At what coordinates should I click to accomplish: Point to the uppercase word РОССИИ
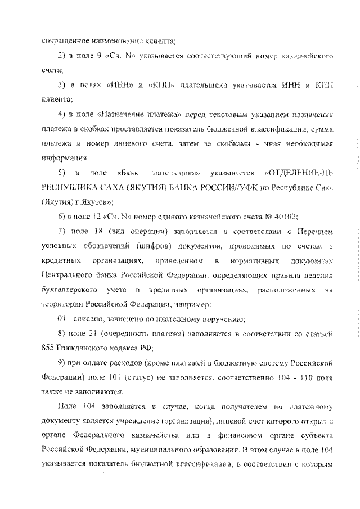[208, 201]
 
